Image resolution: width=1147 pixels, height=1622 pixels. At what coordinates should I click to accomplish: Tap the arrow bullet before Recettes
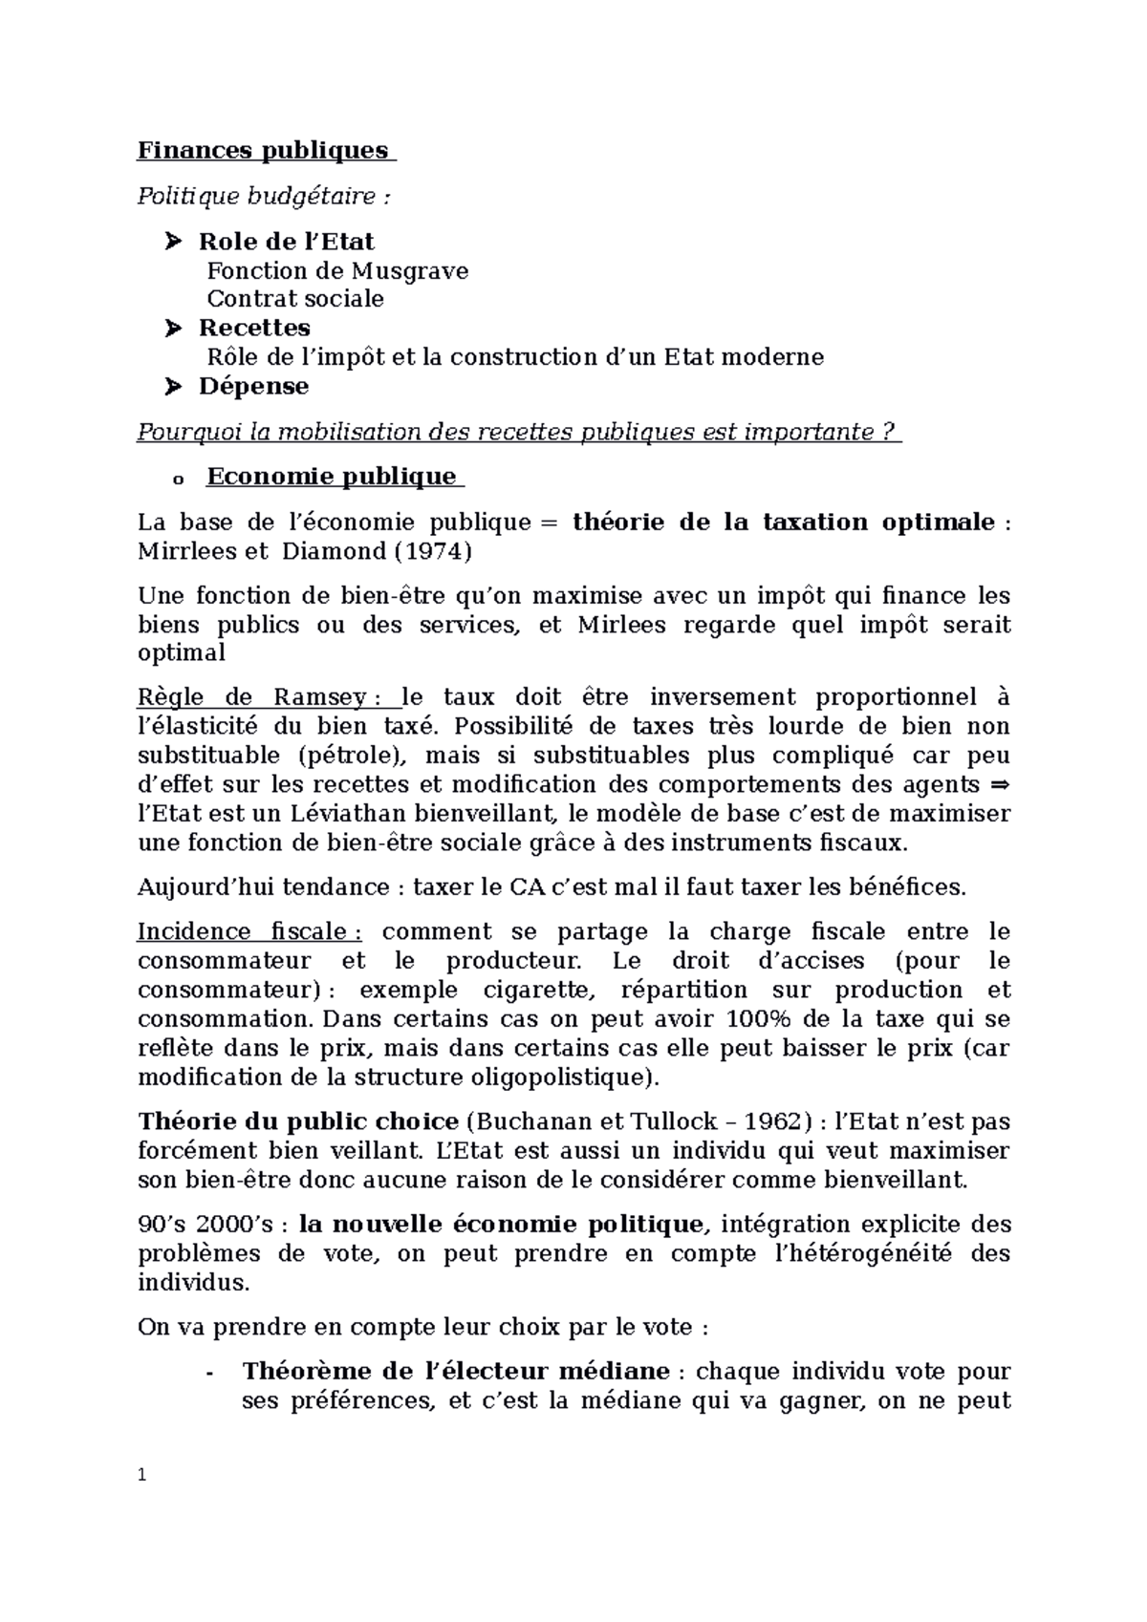(x=172, y=329)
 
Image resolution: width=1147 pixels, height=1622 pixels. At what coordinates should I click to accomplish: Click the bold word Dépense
(x=253, y=387)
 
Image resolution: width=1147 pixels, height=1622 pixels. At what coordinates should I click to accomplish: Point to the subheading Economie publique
(x=331, y=477)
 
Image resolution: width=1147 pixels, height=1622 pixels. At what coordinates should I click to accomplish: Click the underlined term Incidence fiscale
(x=249, y=931)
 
